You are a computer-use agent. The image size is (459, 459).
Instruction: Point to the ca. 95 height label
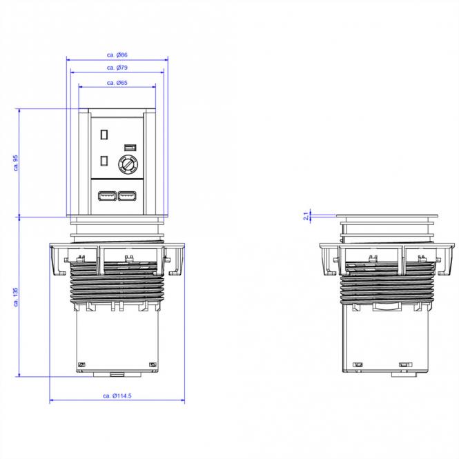pos(15,162)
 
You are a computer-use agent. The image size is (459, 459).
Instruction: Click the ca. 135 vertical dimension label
pos(15,296)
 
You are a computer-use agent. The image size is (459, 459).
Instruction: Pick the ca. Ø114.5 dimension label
pos(117,395)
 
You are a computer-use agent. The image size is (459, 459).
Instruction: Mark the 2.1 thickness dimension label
pos(305,217)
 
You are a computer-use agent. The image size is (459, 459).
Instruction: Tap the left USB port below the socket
pos(107,197)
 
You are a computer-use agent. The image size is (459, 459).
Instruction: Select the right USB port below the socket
pos(128,197)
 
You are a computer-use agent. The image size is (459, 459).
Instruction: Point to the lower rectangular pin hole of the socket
pos(104,161)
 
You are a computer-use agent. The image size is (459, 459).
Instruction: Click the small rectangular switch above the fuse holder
pos(129,147)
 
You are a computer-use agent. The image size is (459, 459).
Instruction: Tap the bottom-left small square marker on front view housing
pos(81,365)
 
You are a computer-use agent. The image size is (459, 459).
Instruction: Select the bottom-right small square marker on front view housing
pos(153,365)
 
